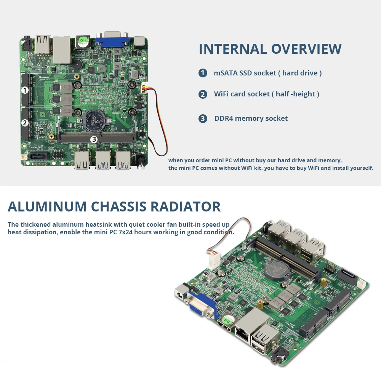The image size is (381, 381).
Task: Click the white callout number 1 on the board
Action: (x=24, y=90)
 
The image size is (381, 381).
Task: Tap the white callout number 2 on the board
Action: (x=24, y=123)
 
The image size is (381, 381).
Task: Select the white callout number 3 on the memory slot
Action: (x=94, y=139)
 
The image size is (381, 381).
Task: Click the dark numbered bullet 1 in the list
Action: (x=203, y=73)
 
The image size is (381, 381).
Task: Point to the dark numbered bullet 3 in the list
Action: (x=203, y=118)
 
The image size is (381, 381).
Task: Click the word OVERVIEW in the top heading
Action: (x=306, y=49)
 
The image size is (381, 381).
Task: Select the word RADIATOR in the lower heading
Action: (x=186, y=207)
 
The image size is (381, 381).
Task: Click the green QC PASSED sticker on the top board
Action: (x=83, y=42)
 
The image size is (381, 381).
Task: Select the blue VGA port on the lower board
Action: (x=200, y=304)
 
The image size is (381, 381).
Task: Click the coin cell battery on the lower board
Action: (x=276, y=270)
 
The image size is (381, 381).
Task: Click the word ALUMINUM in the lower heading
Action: (x=47, y=207)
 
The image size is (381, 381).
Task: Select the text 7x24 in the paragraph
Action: (x=126, y=232)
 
